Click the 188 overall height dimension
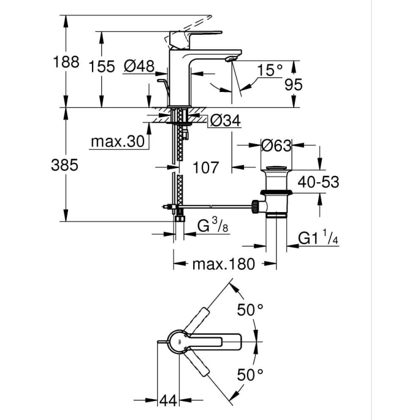pos(66,62)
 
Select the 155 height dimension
pos(102,66)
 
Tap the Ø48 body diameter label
pos(139,66)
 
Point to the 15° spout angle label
pos(270,70)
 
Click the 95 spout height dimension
pos(293,85)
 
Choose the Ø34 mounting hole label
pos(225,121)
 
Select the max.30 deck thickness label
pos(118,141)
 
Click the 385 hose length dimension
pos(65,165)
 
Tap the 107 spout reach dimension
pos(206,167)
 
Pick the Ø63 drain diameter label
pos(276,146)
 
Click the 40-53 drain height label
pos(318,182)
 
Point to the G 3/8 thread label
pos(213,225)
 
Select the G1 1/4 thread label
pos(318,237)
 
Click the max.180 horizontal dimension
pos(223,264)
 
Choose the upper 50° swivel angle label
pos(250,310)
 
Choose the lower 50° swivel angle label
pos(250,374)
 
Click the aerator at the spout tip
pos(231,59)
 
